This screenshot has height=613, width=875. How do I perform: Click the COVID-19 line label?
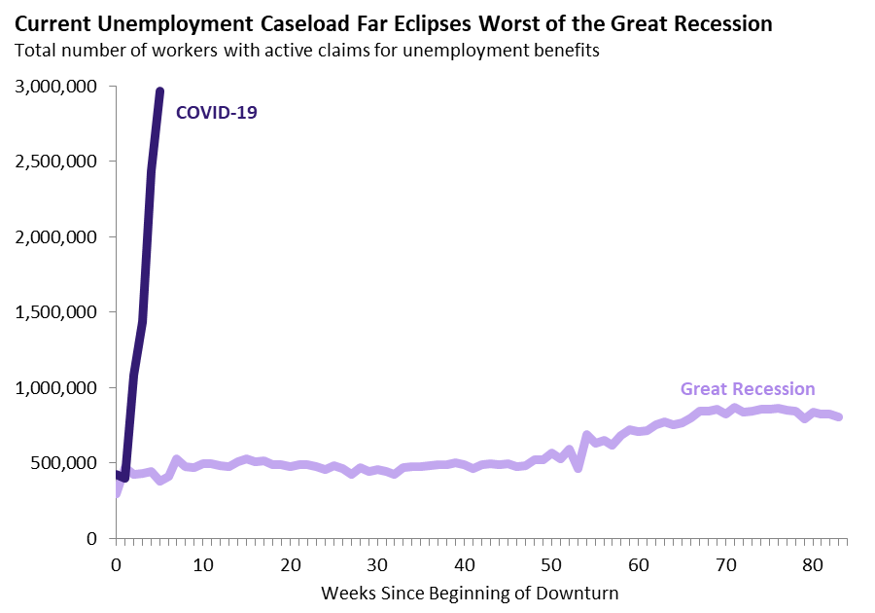[216, 113]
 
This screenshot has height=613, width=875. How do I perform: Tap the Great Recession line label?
[748, 389]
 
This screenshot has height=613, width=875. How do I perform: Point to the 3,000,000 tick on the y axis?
[55, 87]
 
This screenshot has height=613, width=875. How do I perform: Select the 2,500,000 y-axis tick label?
[55, 162]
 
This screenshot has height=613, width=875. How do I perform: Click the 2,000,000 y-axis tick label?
[55, 237]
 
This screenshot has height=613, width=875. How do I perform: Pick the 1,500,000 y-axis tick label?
[55, 312]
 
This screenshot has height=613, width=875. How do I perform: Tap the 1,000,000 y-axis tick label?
[55, 388]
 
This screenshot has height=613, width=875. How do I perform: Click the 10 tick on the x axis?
[203, 563]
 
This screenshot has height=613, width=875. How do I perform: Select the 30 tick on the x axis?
[378, 563]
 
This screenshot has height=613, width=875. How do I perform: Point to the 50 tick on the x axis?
[552, 563]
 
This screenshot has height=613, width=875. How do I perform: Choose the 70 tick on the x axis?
[726, 563]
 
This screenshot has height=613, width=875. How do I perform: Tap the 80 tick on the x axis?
[814, 563]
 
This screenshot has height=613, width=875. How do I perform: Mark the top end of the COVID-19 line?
[159, 91]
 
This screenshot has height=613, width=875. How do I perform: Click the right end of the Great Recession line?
[839, 416]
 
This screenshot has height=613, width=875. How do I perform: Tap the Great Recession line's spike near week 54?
[586, 435]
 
